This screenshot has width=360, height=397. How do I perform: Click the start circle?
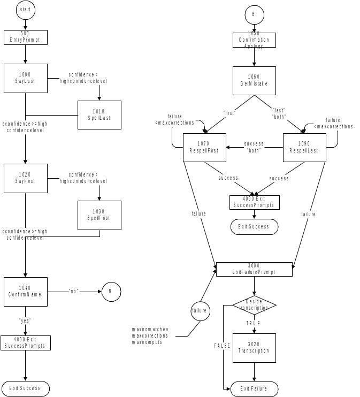pos(25,10)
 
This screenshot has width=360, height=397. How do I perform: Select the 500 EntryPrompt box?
pos(25,37)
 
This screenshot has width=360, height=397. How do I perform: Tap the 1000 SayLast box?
pos(25,78)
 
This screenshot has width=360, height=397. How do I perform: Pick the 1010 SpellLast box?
pos(99,114)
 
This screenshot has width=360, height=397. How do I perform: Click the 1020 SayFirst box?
pos(25,178)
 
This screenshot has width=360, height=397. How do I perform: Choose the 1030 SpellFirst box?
pos(99,215)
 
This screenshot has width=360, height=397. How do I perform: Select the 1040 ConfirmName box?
pos(25,292)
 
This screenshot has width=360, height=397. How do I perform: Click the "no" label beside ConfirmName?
pos(74,291)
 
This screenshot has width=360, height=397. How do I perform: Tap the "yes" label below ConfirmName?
pos(25,320)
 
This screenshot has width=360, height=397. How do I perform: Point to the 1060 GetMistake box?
pos(254,80)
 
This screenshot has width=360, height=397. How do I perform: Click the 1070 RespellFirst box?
pos(204,147)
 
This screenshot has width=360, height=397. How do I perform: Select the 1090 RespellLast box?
pos(304,147)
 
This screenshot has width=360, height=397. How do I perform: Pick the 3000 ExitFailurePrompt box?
pos(254,269)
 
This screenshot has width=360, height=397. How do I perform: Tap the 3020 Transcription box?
pos(254,348)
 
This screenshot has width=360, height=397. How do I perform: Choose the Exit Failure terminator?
pos(254,389)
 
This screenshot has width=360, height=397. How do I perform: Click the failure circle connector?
pos(200,310)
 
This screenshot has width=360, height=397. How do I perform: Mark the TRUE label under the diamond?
pos(254,324)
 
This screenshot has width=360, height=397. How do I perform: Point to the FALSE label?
pos(223,346)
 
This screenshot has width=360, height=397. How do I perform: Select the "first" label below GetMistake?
pos(229,113)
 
